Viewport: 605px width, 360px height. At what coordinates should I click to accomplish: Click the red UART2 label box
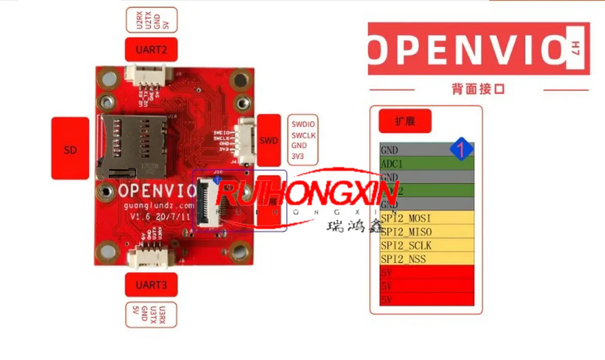pyautogui.click(x=151, y=49)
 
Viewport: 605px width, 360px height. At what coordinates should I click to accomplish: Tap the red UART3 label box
pyautogui.click(x=151, y=284)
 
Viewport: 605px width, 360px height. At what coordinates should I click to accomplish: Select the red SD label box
pyautogui.click(x=70, y=148)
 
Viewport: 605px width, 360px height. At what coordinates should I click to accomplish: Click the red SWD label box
pyautogui.click(x=268, y=140)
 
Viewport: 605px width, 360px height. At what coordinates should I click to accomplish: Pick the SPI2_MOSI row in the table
pyautogui.click(x=426, y=218)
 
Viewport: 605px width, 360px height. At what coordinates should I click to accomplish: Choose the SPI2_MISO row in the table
pyautogui.click(x=426, y=232)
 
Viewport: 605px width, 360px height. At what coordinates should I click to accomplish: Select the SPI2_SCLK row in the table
pyautogui.click(x=426, y=245)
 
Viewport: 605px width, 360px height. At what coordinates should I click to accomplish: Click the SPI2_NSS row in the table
pyautogui.click(x=426, y=259)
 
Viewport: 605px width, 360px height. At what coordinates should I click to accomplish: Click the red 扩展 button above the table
pyautogui.click(x=405, y=121)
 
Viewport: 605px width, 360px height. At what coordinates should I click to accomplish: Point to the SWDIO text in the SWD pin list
pyautogui.click(x=303, y=124)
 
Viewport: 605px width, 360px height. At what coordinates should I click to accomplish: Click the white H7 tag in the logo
pyautogui.click(x=576, y=48)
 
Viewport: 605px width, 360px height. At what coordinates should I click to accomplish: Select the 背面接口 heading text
pyautogui.click(x=478, y=89)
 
